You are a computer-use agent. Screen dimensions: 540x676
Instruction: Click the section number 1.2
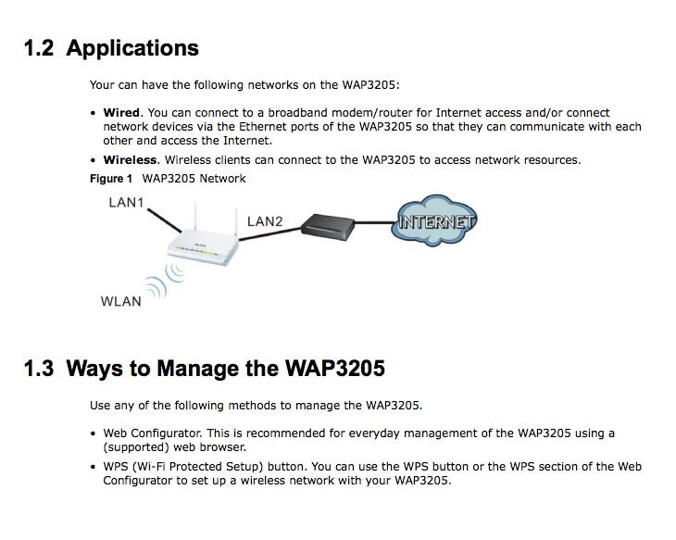click(40, 47)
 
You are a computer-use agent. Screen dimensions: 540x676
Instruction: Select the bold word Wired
click(121, 113)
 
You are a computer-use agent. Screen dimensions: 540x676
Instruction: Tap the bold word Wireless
click(131, 160)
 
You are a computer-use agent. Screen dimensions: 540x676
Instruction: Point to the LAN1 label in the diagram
click(126, 203)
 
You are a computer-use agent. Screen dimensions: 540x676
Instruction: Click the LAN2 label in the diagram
click(265, 221)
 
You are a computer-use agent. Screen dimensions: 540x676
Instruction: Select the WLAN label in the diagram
click(120, 301)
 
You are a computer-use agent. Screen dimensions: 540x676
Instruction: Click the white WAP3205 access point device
click(200, 245)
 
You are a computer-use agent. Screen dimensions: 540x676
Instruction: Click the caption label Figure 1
click(111, 178)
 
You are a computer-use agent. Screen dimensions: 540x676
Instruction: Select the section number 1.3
click(40, 369)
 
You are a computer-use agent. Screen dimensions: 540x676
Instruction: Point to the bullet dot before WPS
click(94, 467)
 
